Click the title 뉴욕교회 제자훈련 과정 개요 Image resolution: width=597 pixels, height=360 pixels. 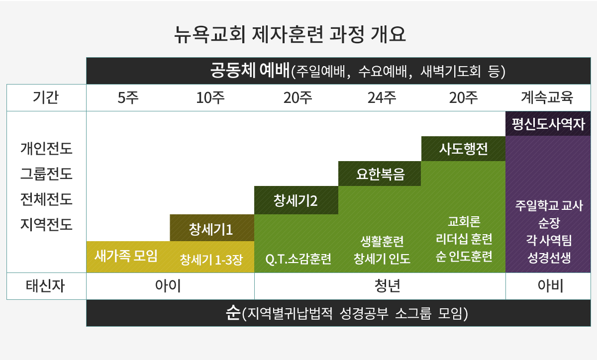290,35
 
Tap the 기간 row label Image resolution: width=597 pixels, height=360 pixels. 46,97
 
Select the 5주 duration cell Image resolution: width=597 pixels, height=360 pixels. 128,97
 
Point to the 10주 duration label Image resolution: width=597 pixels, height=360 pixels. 210,97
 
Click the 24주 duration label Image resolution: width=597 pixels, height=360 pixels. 382,97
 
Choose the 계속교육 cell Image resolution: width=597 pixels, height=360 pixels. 547,97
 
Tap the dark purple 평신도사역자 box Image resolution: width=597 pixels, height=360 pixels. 548,124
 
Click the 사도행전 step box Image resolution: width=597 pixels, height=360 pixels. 464,149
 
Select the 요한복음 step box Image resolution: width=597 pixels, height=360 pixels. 380,174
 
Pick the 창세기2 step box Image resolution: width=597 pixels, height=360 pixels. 296,200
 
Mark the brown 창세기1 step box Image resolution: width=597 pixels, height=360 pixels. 212,228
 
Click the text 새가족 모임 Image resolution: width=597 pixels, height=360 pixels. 126,256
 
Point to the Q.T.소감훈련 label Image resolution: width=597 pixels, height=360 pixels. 298,259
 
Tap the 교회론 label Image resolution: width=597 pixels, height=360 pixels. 464,221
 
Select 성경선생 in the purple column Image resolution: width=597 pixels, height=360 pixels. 549,258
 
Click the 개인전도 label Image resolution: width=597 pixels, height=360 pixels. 46,148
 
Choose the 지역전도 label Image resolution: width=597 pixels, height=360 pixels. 46,224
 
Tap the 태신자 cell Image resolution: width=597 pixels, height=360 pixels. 45,286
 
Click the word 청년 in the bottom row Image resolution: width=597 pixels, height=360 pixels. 387,286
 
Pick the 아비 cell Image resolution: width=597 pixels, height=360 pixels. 550,286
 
